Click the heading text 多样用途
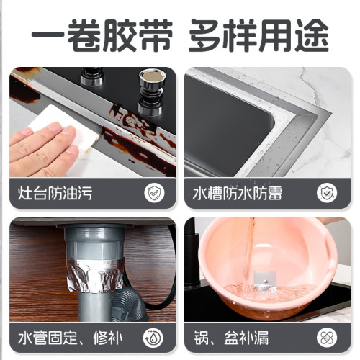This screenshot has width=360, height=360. pos(259,34)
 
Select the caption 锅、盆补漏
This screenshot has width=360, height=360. pos(230,337)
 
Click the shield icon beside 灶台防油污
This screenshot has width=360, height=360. pos(153,193)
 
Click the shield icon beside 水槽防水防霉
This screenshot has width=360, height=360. pos(328,193)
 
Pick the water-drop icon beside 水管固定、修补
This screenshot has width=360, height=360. pos(153,337)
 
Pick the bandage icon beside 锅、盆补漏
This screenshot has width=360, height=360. pos(328,337)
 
